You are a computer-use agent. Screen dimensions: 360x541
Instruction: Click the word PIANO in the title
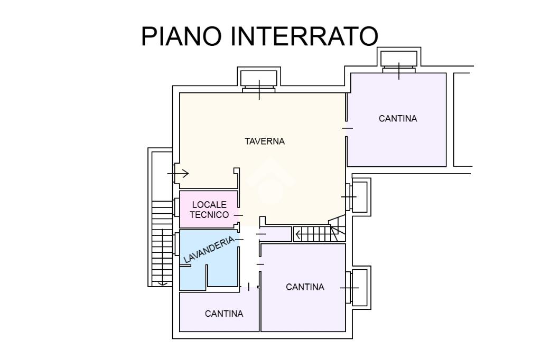point(176,36)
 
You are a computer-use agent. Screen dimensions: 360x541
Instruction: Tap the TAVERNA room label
point(265,141)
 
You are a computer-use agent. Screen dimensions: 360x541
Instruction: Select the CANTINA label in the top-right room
point(398,119)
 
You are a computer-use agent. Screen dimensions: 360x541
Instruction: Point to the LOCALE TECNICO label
point(209,210)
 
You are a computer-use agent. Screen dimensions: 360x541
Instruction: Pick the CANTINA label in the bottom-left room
point(224,314)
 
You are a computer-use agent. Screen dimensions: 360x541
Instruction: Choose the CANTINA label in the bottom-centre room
point(305,287)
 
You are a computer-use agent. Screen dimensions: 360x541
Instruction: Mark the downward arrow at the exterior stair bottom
point(163,283)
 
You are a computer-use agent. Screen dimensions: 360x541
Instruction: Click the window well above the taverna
point(258,80)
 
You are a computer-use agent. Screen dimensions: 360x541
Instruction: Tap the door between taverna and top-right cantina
point(347,128)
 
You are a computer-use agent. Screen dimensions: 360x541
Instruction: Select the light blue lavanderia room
point(222,269)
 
